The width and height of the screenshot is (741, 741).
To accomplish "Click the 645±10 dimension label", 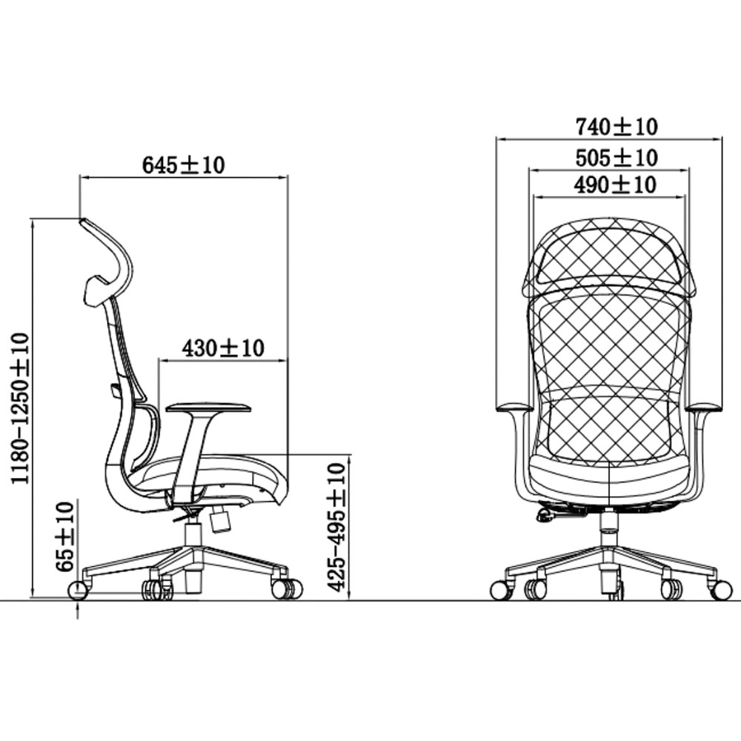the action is [183, 165].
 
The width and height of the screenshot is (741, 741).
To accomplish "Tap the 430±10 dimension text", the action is [223, 348].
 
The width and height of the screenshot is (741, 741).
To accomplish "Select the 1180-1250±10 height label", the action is [21, 408].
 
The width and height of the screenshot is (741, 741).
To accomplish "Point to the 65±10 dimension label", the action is [64, 536].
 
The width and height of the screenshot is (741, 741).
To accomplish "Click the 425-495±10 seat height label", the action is [337, 527].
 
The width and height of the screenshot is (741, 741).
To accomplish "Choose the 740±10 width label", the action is [617, 127].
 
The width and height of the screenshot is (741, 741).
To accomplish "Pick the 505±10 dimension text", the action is [617, 157].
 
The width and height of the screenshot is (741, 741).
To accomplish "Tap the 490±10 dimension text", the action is [615, 185].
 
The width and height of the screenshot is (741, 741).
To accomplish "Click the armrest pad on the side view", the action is [208, 407].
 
